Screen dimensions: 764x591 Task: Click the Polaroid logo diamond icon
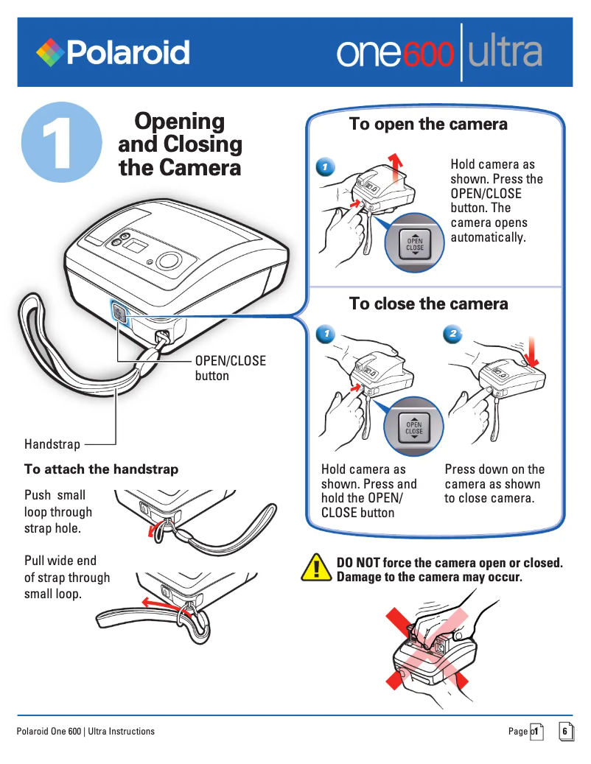coord(49,52)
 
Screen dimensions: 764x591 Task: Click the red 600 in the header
coord(427,54)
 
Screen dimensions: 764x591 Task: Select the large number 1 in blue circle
coord(60,143)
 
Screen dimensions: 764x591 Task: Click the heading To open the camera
coord(428,124)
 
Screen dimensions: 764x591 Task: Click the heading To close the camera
coord(428,304)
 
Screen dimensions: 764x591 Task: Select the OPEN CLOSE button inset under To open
coord(414,245)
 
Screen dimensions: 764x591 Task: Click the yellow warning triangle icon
coord(318,567)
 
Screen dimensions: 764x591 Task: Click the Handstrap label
coord(52,444)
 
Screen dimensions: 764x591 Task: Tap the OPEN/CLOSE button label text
coord(230,368)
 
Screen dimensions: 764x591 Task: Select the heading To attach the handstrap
coord(101,469)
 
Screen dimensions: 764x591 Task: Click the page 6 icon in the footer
coord(565,731)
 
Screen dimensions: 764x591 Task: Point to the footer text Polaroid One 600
coord(85,731)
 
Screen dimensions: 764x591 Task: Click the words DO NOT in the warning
coord(358,563)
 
